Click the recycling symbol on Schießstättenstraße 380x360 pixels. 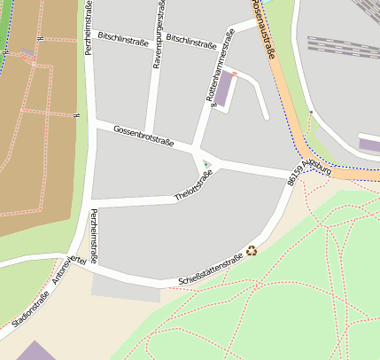click(x=252, y=251)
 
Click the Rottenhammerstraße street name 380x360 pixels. click(x=221, y=67)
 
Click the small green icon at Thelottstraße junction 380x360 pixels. click(x=206, y=164)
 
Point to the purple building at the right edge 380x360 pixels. click(x=369, y=145)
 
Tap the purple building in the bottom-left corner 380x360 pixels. click(x=34, y=351)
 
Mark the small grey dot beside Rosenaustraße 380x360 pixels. click(x=311, y=113)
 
